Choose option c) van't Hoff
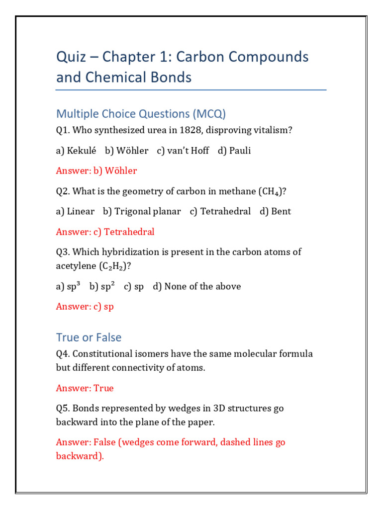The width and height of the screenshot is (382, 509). [x=183, y=151]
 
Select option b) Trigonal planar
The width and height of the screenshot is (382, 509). [x=142, y=211]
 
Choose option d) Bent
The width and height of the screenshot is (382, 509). [x=275, y=211]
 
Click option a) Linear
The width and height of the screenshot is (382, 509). [x=75, y=211]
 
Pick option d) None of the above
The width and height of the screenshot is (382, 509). [x=197, y=286]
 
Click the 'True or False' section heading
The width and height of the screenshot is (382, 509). [x=89, y=337]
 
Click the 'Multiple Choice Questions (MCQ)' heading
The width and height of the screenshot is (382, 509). [x=141, y=114]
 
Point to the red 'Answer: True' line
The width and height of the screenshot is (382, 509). [x=85, y=388]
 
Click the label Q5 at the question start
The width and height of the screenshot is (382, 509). [x=63, y=409]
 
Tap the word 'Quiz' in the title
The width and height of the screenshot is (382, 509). [x=72, y=57]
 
